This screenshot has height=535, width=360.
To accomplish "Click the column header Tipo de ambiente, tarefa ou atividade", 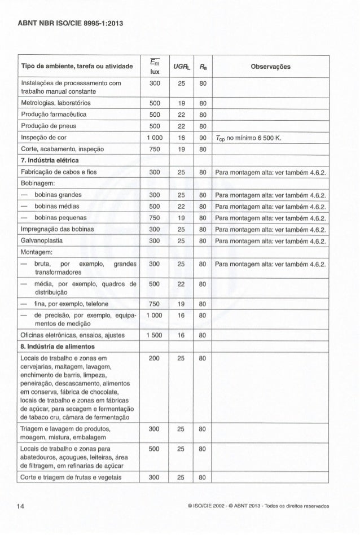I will click(77, 67).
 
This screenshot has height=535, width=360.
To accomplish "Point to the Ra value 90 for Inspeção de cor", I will click(202, 138).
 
